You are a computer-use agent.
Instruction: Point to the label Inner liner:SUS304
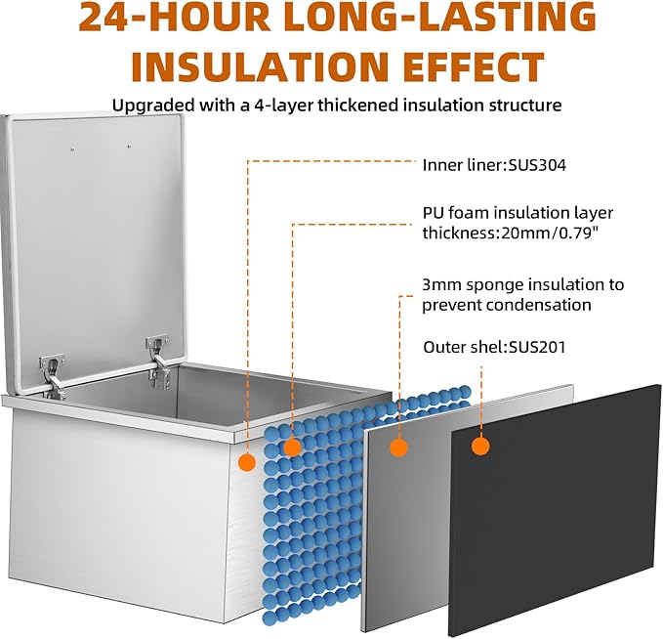click(x=494, y=164)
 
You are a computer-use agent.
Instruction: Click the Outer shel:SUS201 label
click(x=494, y=347)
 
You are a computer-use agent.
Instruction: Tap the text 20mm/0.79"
click(x=550, y=233)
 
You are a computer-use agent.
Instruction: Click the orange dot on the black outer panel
click(x=480, y=446)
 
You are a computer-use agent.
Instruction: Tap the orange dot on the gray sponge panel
click(x=398, y=447)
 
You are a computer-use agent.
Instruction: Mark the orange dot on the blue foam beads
click(x=292, y=447)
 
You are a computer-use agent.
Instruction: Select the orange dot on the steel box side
click(x=247, y=462)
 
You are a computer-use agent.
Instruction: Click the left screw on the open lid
click(x=72, y=149)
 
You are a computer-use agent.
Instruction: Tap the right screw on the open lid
click(x=129, y=147)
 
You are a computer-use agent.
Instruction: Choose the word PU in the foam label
click(x=433, y=213)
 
